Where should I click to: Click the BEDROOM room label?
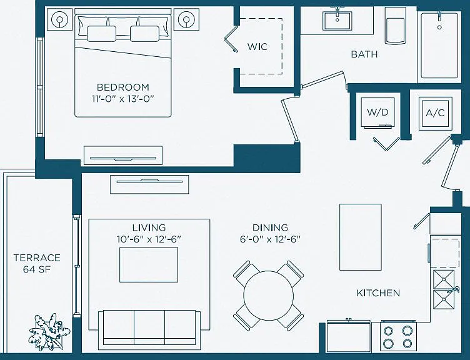point(123,87)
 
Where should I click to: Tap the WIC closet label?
point(257,47)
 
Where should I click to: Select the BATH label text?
point(364,54)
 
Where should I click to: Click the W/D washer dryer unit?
point(377,112)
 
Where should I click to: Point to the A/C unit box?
point(435,113)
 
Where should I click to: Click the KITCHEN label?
point(378,293)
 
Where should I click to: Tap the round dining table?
point(269,296)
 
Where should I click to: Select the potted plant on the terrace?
point(48,332)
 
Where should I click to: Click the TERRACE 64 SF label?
point(37,264)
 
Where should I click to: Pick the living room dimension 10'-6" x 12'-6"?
point(149,239)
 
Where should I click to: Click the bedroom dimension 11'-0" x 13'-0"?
point(123,99)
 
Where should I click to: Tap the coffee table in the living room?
point(149,264)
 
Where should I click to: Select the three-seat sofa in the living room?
point(149,327)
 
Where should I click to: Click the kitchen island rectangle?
point(360,237)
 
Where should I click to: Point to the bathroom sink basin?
point(337,21)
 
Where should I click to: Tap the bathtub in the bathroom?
point(439,45)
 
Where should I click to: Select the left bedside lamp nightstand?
point(60,19)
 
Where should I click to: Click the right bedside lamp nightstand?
point(186,19)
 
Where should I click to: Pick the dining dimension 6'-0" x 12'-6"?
point(270,239)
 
